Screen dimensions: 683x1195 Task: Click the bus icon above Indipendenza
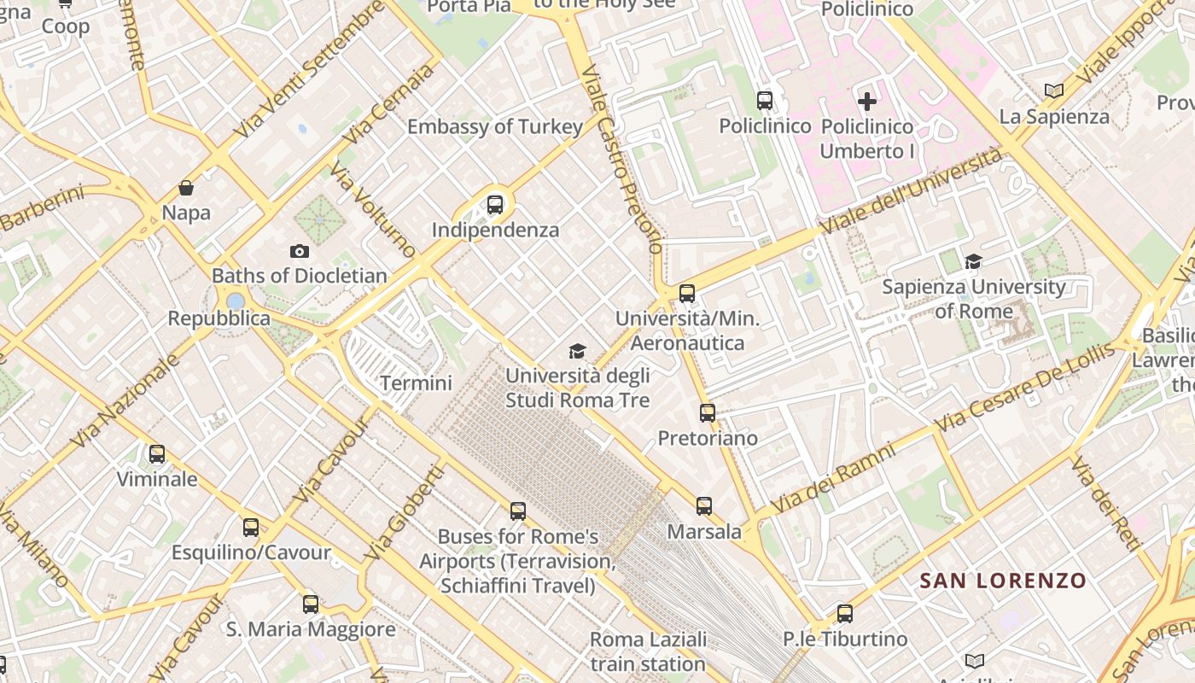click(495, 205)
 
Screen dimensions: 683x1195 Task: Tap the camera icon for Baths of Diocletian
click(299, 251)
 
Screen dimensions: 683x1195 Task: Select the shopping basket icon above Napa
click(186, 188)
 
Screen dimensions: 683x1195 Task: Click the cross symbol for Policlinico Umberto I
click(867, 102)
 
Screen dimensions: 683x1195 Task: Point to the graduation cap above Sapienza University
click(973, 261)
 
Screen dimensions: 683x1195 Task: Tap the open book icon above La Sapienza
click(1054, 90)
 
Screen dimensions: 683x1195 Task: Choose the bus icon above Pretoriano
click(708, 413)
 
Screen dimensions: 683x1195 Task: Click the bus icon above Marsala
click(704, 506)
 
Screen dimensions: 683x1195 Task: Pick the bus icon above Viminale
click(157, 454)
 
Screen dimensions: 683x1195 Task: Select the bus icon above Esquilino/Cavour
click(250, 528)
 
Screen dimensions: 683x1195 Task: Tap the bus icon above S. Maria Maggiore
click(311, 604)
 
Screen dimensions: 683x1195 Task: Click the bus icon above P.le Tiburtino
click(845, 613)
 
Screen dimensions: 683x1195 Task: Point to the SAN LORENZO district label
click(1003, 581)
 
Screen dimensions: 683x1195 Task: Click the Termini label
click(416, 383)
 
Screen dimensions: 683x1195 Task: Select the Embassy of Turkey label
click(495, 127)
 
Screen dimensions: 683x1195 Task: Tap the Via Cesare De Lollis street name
click(1024, 387)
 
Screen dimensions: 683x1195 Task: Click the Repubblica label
click(219, 318)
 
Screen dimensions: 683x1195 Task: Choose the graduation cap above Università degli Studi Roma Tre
click(578, 351)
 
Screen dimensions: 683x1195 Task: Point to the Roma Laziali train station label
click(649, 651)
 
